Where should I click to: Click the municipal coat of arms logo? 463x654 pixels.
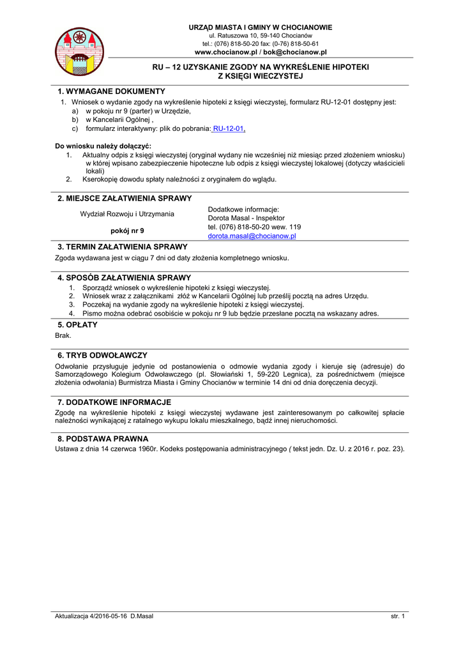tap(80, 51)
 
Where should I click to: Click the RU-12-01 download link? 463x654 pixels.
tap(229, 128)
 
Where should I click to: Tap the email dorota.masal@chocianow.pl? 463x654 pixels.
tap(252, 236)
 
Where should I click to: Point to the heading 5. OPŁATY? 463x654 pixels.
tap(77, 324)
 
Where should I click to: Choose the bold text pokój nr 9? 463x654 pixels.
tap(127, 231)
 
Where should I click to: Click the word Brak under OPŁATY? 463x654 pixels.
tap(63, 335)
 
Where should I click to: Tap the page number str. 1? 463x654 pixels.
tap(398, 616)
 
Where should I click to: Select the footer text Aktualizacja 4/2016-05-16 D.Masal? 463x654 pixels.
tap(104, 616)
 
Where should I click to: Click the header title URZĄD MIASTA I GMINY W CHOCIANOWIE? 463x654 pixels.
tap(260, 27)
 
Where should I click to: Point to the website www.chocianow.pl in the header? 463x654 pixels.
tap(225, 52)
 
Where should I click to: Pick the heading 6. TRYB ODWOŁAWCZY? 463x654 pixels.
tap(102, 355)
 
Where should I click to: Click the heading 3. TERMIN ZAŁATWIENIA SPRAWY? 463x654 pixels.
tap(122, 247)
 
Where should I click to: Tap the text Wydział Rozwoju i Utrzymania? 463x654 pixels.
tap(126, 214)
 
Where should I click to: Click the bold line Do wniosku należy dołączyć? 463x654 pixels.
tap(98, 146)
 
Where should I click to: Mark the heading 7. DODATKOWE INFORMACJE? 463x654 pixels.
tap(114, 402)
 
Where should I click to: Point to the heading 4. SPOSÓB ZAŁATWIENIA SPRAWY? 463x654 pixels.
tap(124, 278)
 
